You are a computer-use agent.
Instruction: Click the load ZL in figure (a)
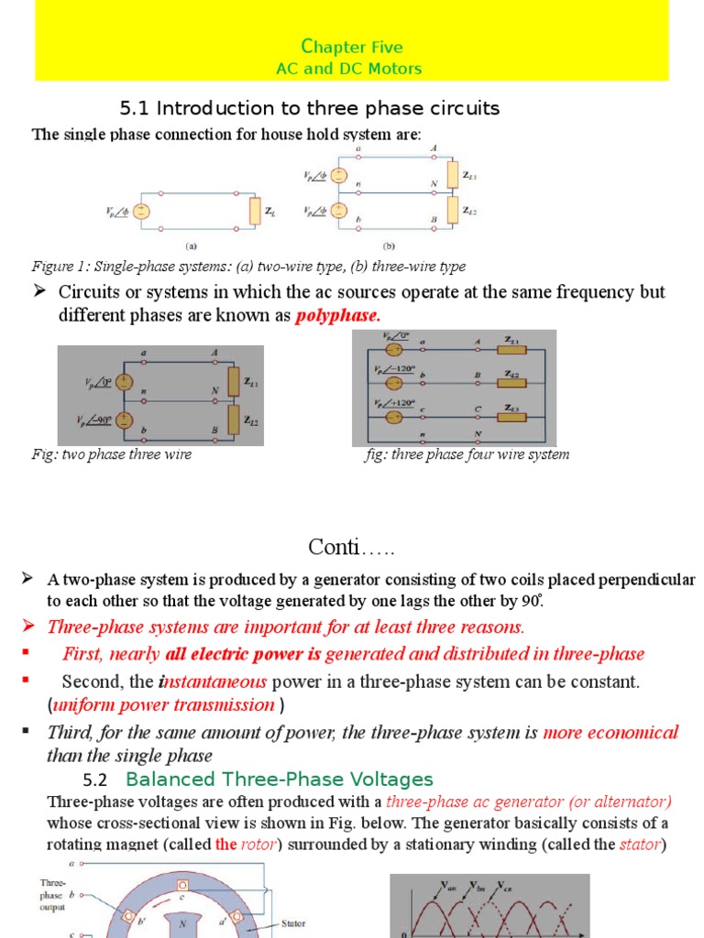[254, 211]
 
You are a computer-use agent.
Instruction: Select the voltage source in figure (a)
[142, 211]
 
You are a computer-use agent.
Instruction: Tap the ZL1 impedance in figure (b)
[452, 174]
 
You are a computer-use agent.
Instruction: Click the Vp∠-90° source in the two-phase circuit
[127, 422]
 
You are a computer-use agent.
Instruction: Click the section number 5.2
[95, 780]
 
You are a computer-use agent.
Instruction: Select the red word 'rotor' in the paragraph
[258, 845]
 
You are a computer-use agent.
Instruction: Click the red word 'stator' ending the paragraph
[640, 845]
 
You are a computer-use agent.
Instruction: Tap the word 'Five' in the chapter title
[383, 48]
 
